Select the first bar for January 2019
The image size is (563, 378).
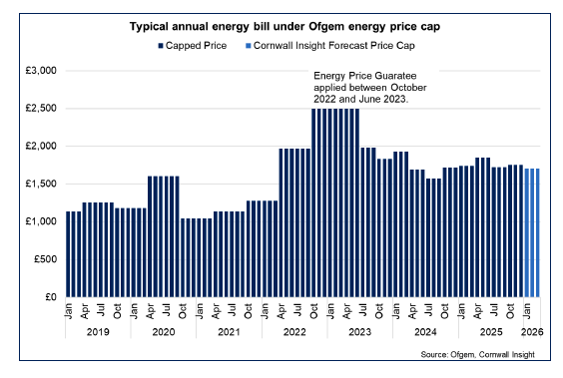(x=68, y=254)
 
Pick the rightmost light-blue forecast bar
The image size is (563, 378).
(x=536, y=233)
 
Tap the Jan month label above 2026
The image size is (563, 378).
(x=525, y=309)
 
